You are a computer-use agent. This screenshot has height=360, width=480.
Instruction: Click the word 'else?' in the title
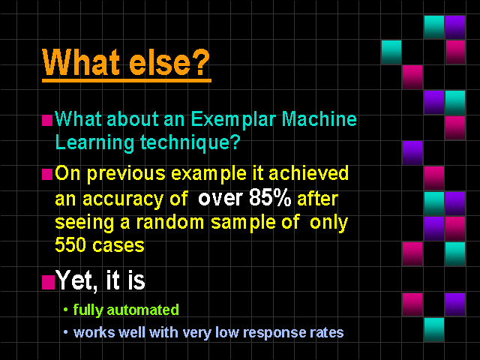click(x=169, y=62)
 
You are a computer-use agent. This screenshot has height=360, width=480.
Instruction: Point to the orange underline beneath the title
click(x=127, y=80)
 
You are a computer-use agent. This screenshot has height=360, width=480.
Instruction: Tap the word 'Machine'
click(x=319, y=118)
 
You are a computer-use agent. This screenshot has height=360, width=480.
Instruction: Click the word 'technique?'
click(x=190, y=143)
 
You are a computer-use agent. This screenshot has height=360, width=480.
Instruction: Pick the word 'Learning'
click(x=94, y=143)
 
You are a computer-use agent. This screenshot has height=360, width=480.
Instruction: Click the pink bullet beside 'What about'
click(x=47, y=120)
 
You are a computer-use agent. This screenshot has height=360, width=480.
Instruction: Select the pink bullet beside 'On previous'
click(x=47, y=175)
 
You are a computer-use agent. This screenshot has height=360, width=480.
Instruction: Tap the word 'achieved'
click(x=308, y=173)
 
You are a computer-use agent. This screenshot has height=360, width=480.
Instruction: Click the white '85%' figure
click(x=270, y=198)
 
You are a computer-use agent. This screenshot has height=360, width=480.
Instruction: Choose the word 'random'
click(x=170, y=222)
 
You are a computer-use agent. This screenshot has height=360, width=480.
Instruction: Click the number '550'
click(x=70, y=245)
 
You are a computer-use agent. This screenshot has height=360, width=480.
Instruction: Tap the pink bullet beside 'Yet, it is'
click(x=48, y=282)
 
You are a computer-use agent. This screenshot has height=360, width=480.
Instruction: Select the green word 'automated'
click(x=143, y=310)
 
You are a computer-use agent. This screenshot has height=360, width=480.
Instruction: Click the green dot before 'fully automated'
click(x=65, y=310)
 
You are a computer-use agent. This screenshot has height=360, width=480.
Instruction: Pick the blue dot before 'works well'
click(x=65, y=332)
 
